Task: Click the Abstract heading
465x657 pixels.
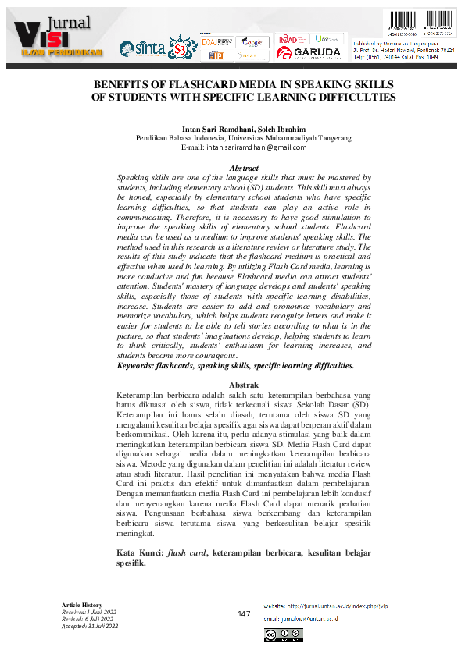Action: pos(244,169)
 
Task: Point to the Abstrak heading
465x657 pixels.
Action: pos(243,385)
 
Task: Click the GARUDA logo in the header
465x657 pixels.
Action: pos(309,53)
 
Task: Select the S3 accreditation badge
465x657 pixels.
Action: pos(182,48)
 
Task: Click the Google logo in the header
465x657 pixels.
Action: pos(251,41)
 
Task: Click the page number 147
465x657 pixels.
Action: pos(244,614)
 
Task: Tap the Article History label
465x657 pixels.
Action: pos(82,606)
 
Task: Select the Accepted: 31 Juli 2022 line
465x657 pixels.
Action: pos(89,626)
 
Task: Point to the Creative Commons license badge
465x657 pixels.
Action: pos(284,635)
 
